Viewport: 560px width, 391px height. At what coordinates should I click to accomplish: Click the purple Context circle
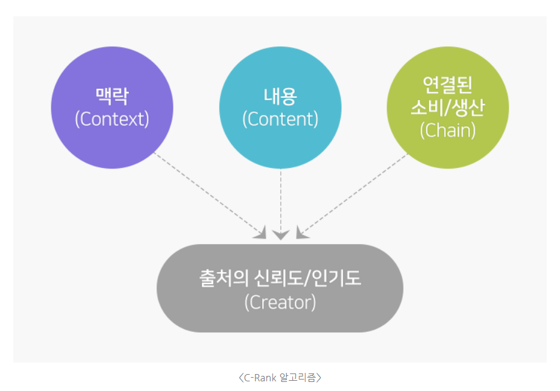click(112, 108)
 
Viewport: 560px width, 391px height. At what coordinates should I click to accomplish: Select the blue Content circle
click(280, 108)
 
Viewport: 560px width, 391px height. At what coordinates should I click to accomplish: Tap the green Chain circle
click(448, 108)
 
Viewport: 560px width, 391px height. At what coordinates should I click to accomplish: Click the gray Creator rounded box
click(280, 288)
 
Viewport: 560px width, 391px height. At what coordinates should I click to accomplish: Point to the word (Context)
click(112, 119)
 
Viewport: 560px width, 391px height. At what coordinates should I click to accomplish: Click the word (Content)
click(280, 119)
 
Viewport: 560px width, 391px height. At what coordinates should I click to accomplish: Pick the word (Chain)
click(448, 131)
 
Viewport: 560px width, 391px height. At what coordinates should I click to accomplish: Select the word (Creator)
click(280, 302)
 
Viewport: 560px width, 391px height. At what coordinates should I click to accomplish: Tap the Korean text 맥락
click(112, 95)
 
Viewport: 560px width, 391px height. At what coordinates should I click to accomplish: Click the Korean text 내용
click(280, 95)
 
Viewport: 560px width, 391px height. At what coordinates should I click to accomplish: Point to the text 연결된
click(448, 85)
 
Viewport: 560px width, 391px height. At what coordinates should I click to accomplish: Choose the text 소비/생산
click(448, 107)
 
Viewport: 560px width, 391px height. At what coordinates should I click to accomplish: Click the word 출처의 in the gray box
click(224, 278)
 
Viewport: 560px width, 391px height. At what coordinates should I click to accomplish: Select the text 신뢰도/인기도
click(308, 278)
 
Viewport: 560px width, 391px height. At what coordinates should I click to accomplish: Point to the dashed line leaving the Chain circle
click(352, 196)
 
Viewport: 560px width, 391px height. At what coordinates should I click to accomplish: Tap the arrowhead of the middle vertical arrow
click(281, 235)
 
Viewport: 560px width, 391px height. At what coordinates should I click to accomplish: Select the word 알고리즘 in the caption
click(298, 378)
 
